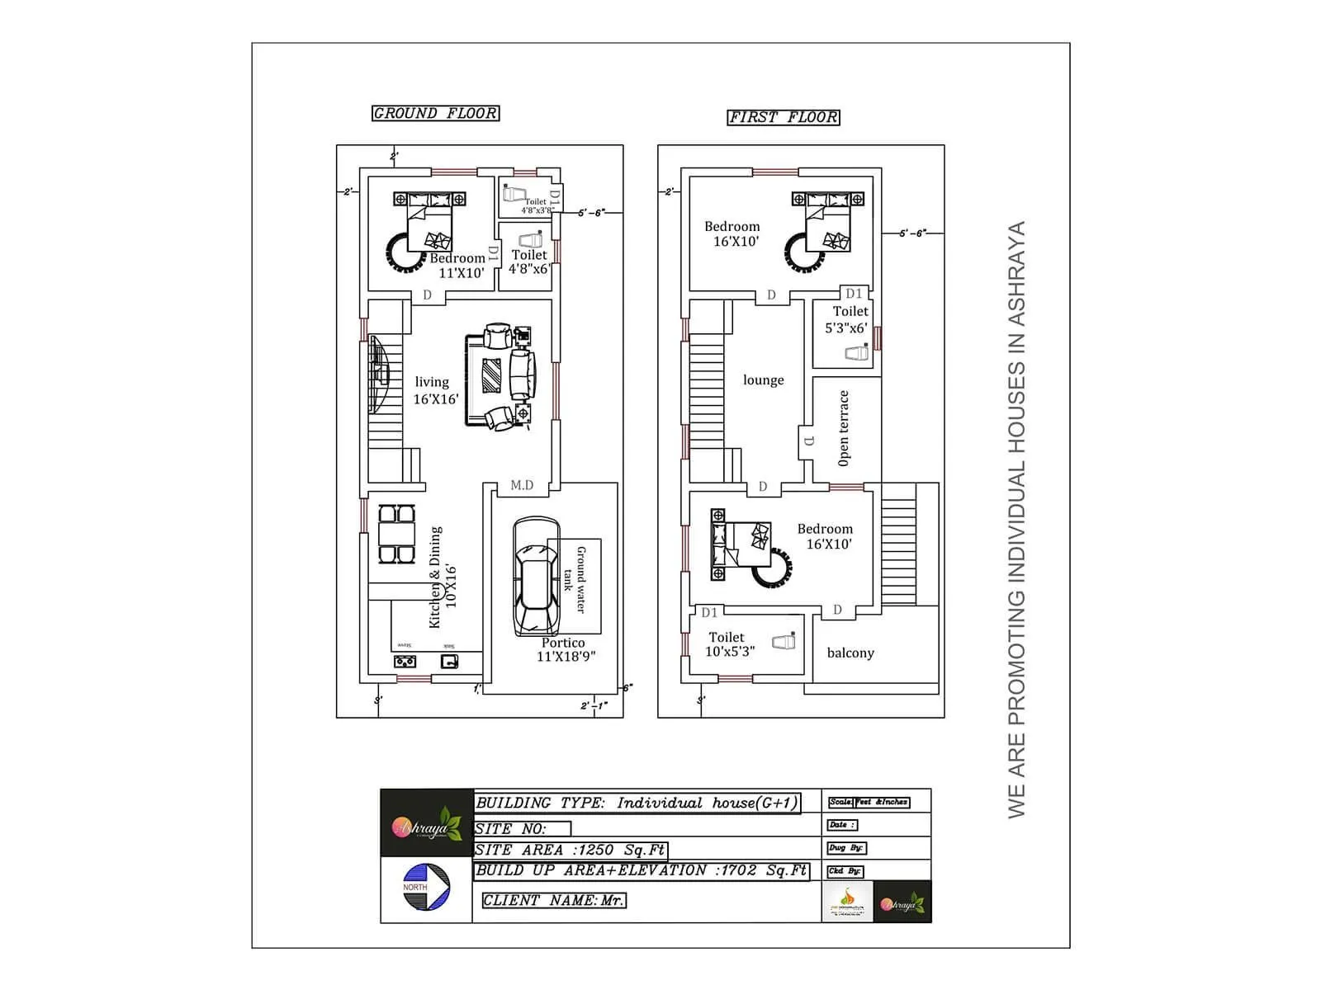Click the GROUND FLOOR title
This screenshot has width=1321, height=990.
435,113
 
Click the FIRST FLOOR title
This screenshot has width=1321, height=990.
783,117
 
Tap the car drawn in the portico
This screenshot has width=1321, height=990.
536,577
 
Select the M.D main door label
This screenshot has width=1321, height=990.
522,485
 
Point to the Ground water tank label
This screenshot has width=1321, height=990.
575,579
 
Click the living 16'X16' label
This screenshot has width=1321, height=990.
435,390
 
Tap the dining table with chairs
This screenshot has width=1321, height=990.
396,534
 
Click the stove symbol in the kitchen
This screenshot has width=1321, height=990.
405,661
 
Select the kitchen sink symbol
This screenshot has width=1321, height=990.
449,661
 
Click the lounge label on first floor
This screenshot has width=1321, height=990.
763,380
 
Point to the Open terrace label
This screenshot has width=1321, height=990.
843,428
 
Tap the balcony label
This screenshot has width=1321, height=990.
850,653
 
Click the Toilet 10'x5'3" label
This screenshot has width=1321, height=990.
729,643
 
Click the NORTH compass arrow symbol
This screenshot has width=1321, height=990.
426,887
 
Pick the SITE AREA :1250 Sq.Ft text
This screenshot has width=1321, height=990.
570,850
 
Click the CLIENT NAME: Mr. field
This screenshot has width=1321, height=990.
553,900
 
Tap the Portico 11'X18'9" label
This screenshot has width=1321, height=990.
565,649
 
